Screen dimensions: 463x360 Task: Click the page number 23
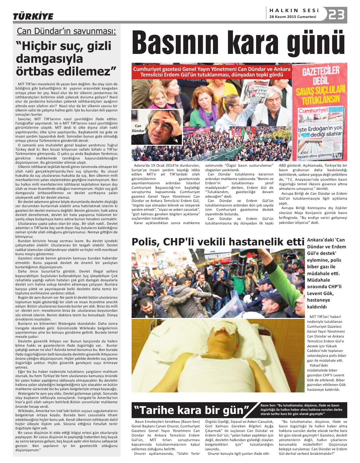click(x=337, y=15)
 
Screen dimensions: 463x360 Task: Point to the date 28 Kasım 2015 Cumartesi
click(x=293, y=17)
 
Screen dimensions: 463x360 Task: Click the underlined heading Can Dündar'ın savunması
click(x=66, y=31)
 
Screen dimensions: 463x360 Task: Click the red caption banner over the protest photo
click(x=211, y=72)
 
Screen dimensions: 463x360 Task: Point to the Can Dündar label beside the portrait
click(x=138, y=128)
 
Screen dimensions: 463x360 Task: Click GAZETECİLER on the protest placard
click(x=320, y=71)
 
